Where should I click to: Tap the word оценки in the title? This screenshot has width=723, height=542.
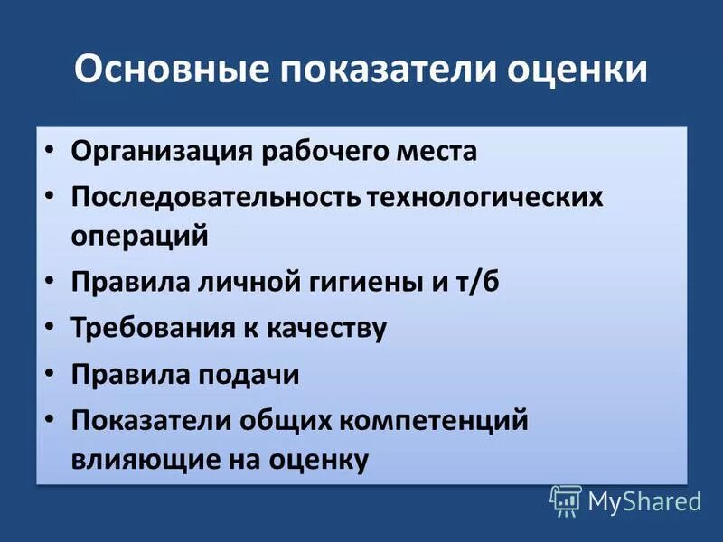[x=572, y=70]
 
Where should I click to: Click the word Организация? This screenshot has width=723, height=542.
[x=161, y=150]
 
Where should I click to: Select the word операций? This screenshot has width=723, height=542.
[x=140, y=237]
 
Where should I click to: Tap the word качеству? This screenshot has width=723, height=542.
[x=326, y=327]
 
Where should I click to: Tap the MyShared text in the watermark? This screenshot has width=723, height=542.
[x=644, y=501]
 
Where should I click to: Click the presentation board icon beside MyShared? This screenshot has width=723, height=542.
[x=565, y=500]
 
